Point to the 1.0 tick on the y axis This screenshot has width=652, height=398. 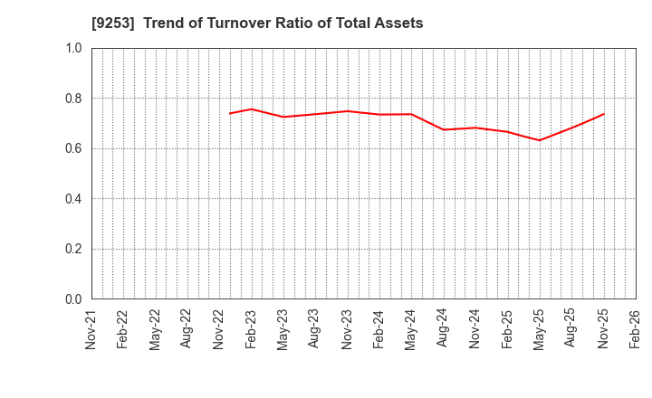click(x=73, y=48)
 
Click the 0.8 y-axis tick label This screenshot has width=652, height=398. click(x=73, y=98)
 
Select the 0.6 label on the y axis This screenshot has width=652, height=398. click(x=73, y=148)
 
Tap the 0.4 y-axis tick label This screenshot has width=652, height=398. click(x=73, y=199)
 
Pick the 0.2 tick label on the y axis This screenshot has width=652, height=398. click(x=73, y=249)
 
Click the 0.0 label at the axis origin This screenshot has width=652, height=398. click(x=73, y=299)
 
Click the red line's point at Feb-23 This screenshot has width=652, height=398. click(x=252, y=109)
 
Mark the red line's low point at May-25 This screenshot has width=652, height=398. click(x=540, y=140)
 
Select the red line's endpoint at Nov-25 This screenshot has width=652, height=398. click(x=604, y=114)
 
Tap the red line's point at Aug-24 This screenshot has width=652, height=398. click(x=444, y=129)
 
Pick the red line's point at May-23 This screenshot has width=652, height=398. click(x=283, y=117)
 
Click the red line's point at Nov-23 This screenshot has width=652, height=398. click(x=348, y=111)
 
